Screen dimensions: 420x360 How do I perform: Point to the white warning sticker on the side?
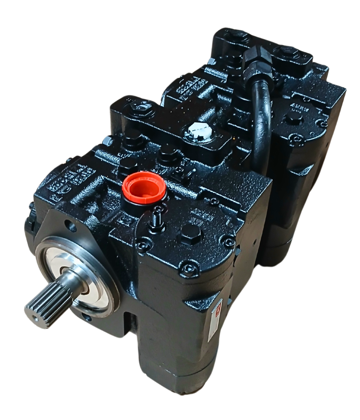point(215,319)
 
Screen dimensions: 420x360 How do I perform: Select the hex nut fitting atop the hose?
point(257,58)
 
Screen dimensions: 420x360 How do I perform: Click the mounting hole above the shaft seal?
point(71,226)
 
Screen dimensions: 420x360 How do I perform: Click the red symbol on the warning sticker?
point(217,310)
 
